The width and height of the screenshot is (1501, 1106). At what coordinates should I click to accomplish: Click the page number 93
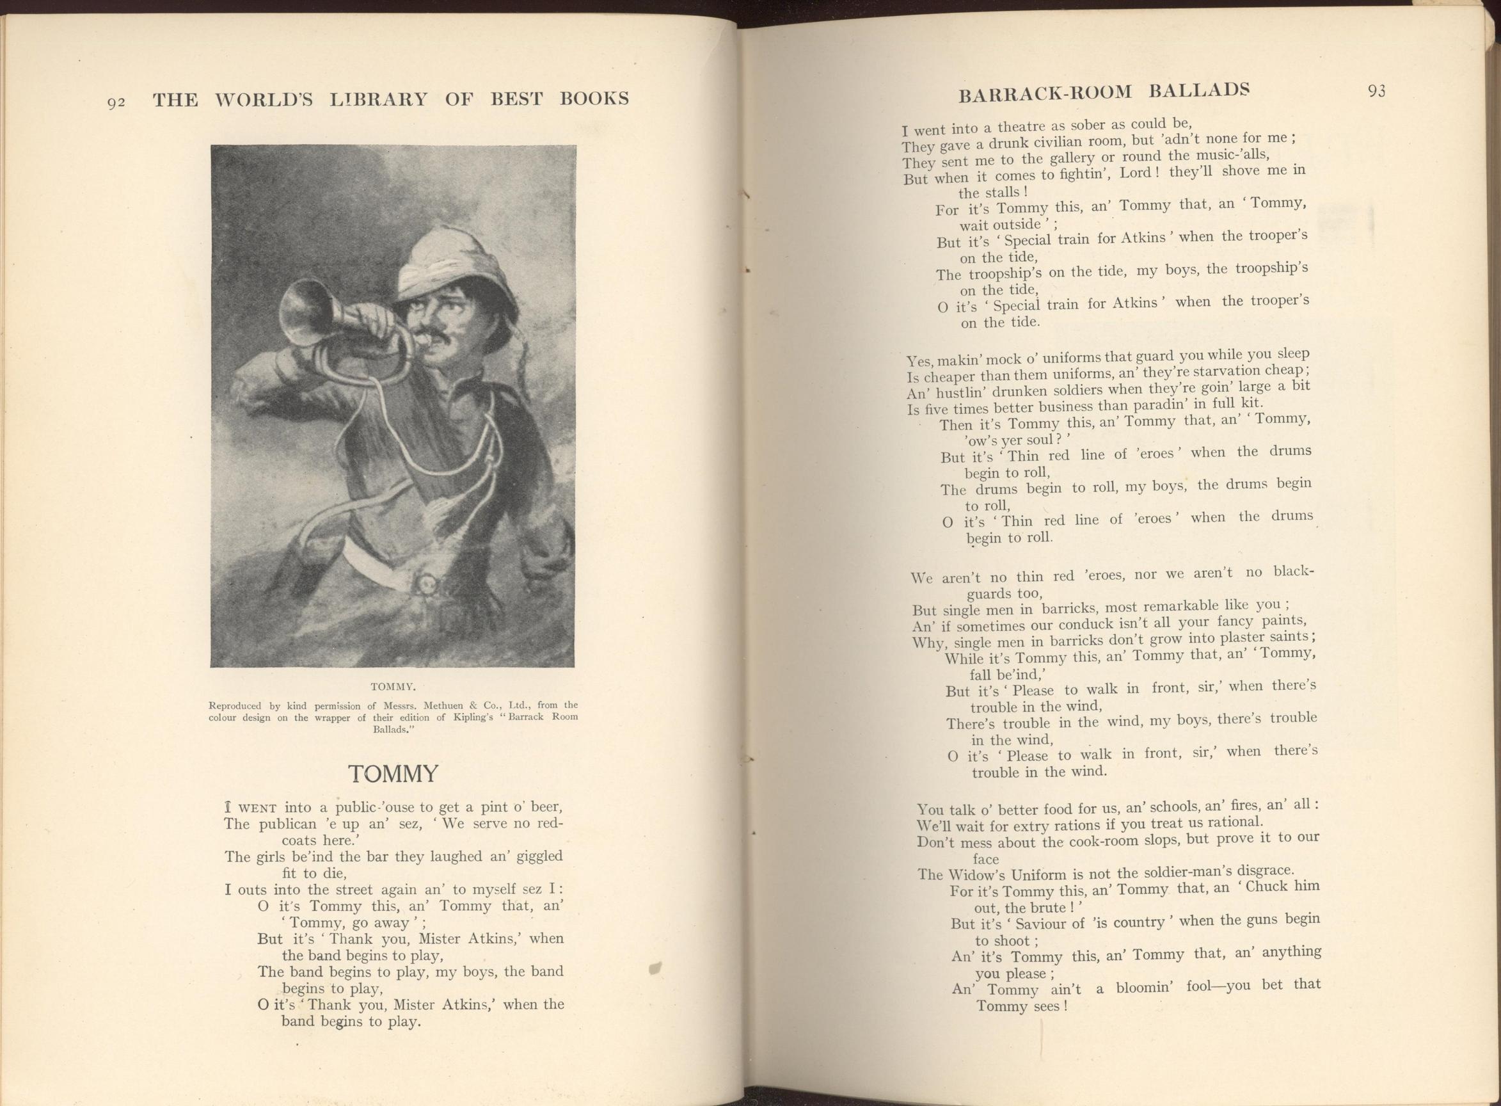1376,91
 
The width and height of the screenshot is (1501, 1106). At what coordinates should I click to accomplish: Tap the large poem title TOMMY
393,774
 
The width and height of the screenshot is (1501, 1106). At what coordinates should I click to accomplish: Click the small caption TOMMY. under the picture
393,686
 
